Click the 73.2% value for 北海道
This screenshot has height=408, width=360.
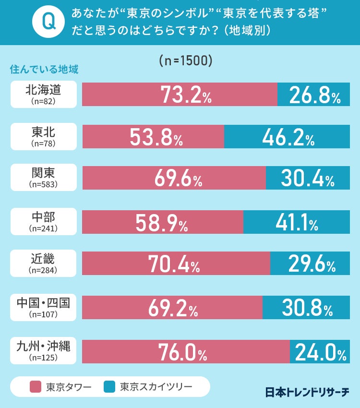coord(186,95)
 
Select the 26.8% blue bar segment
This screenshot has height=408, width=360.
coord(314,95)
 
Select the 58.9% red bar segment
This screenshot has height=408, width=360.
coord(163,222)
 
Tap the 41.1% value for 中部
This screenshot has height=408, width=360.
coord(297,222)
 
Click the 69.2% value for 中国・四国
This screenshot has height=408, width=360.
coord(173,308)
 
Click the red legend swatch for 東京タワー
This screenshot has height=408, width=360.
coord(36,387)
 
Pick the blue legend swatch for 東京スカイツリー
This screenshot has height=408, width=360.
coord(109,387)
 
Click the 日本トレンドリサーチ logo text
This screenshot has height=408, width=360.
coord(307,392)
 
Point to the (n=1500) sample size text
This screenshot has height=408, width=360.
coord(185,61)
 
